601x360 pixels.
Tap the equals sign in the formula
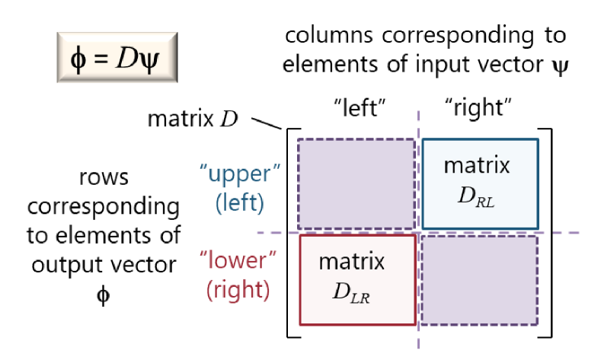100,59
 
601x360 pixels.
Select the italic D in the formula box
126,58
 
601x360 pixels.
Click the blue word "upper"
239,174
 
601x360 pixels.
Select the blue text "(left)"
239,203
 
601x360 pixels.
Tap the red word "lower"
238,260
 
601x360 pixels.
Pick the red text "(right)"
238,290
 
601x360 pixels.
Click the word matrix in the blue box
477,165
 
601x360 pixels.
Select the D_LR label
351,293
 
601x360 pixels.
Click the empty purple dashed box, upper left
356,183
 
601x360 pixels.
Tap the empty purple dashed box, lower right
479,280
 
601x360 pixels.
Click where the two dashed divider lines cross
418,233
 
